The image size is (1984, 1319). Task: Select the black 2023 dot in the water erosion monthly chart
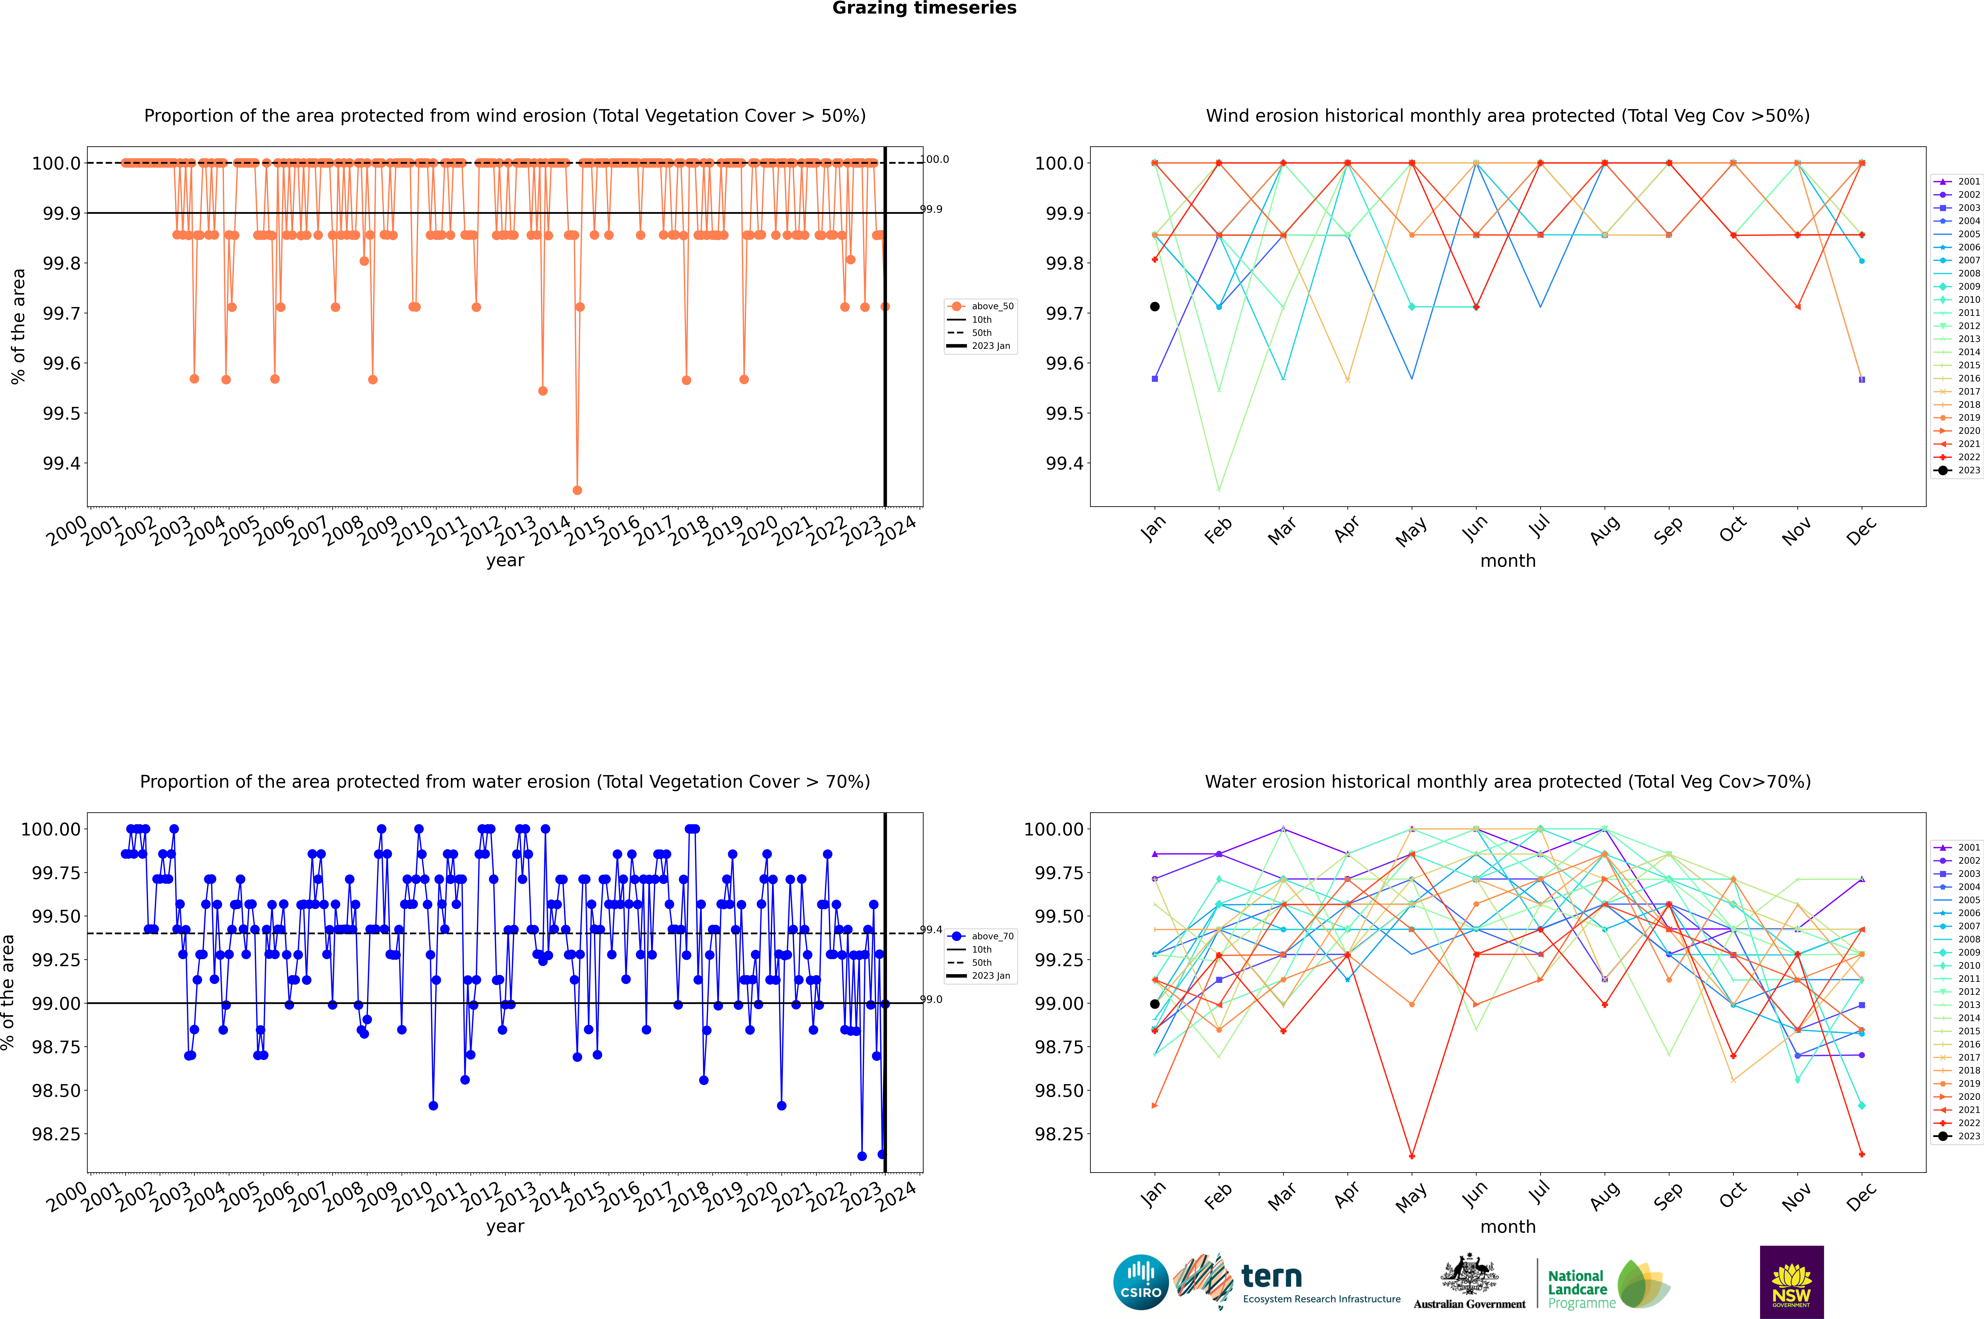tap(1155, 1004)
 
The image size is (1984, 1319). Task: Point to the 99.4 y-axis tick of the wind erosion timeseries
tap(61, 463)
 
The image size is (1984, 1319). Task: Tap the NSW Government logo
tap(1791, 1282)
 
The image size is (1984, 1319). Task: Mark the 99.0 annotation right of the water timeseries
tap(931, 999)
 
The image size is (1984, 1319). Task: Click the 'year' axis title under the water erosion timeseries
tap(505, 1227)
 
